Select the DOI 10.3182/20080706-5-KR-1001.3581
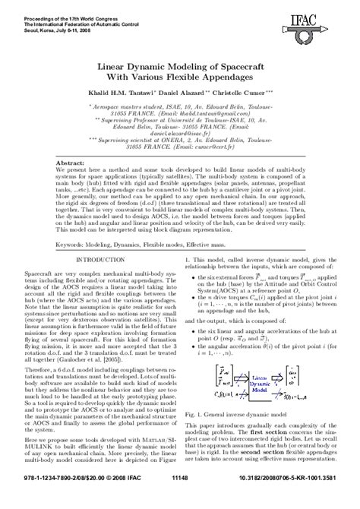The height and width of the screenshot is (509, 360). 292,500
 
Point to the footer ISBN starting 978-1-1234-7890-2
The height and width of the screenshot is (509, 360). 53,500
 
